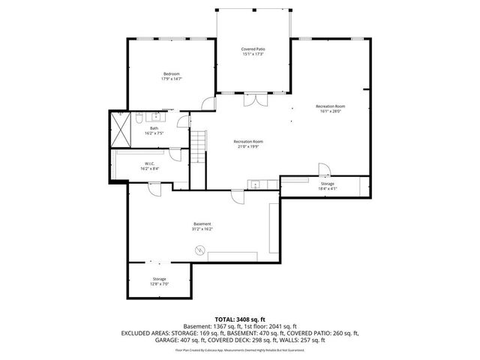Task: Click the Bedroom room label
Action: pos(172,73)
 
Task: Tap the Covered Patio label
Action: pos(253,49)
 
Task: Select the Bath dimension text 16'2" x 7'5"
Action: pos(154,133)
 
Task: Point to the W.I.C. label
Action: pos(149,163)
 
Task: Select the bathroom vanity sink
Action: pos(158,116)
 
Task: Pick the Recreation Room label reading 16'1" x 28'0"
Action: pos(329,106)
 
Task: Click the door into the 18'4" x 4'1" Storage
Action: pos(323,169)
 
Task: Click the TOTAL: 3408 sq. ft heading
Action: pos(239,319)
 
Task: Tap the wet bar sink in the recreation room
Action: pos(255,184)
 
